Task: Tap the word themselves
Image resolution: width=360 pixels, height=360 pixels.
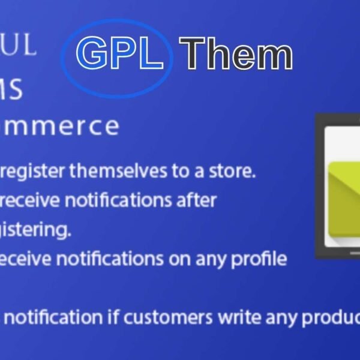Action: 117,172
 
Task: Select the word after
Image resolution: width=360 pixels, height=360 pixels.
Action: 193,200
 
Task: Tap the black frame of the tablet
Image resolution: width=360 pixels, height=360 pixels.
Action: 320,186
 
